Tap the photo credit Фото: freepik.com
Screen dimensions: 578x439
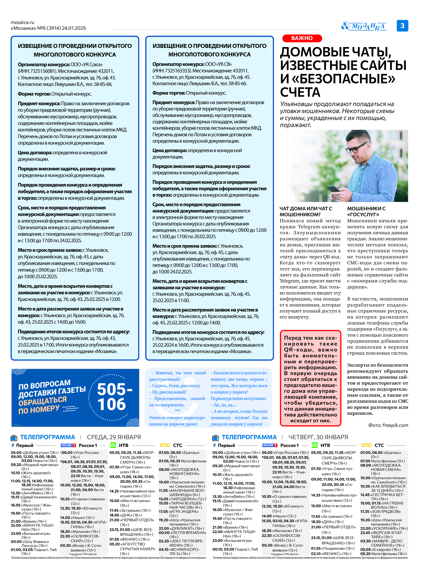(388, 425)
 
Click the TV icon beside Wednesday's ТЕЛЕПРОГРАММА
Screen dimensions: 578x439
(14, 438)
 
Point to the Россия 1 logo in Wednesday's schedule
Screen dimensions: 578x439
(68, 445)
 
